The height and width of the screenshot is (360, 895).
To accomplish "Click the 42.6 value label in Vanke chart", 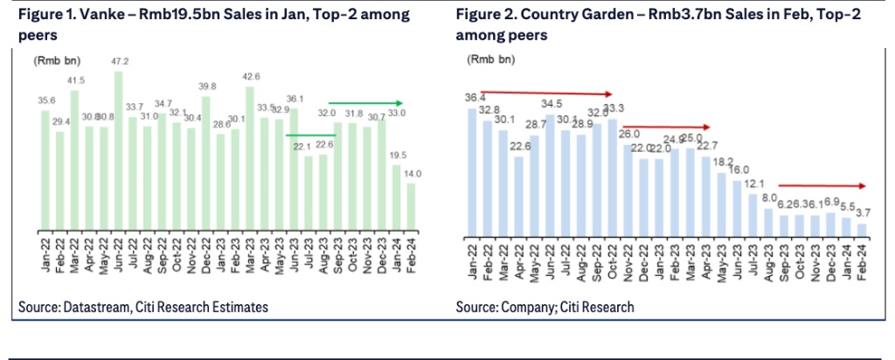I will coord(251,77).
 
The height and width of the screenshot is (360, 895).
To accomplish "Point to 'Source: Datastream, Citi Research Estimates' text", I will coord(143,307).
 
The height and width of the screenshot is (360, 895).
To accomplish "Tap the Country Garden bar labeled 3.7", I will coord(862,229).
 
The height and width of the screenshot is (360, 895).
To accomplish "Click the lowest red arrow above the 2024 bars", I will coord(822,185).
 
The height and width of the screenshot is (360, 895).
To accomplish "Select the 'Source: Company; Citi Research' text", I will coord(545,307).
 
